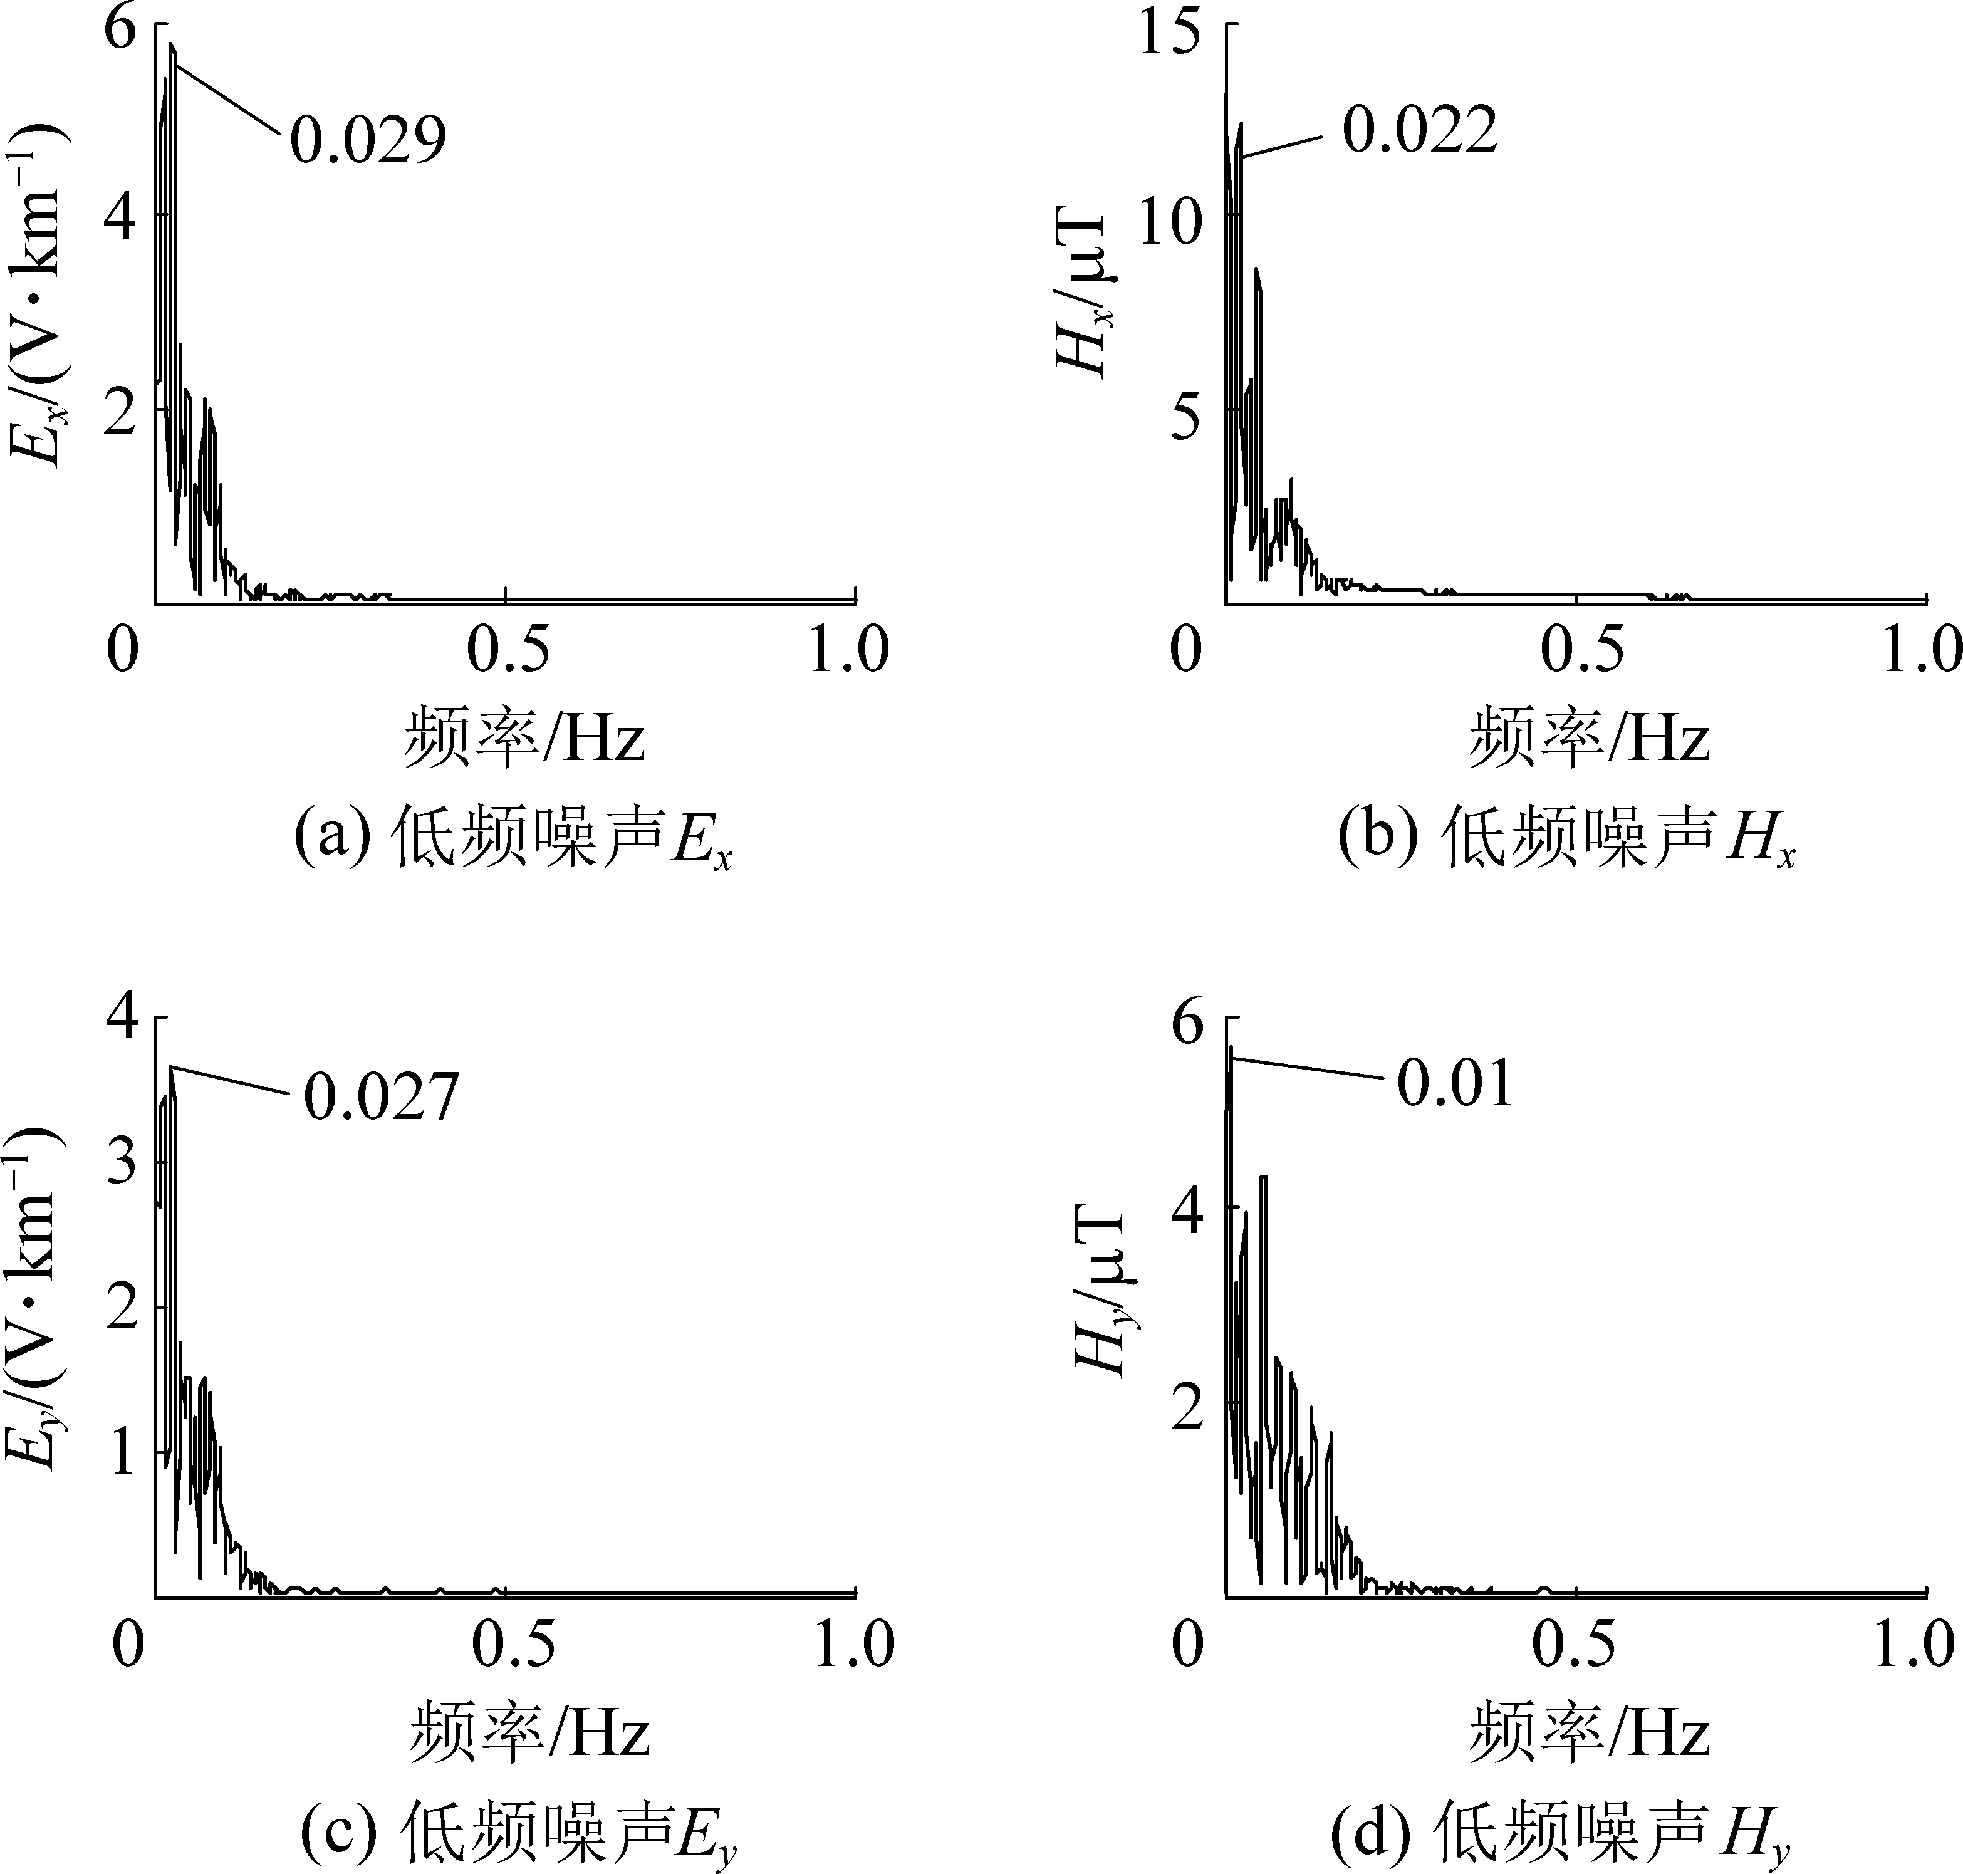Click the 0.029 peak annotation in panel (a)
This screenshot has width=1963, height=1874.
tap(368, 140)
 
